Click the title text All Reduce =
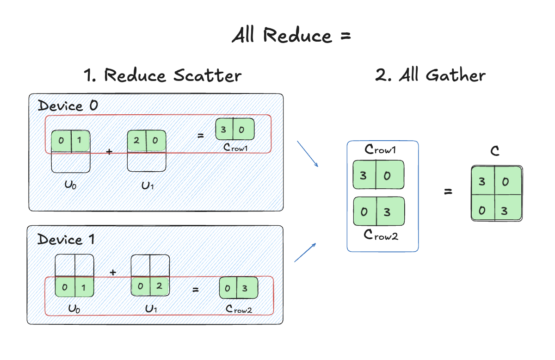click(291, 35)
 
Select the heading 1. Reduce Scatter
click(163, 75)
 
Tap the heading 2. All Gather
click(430, 75)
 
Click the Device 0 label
click(68, 106)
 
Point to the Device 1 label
click(67, 239)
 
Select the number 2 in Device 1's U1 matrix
click(159, 287)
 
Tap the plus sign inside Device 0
click(110, 151)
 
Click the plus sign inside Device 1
click(112, 272)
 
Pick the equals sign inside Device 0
click(201, 136)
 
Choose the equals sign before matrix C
click(448, 192)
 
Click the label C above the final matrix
click(495, 151)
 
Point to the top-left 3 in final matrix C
click(482, 182)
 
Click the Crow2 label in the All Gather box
click(381, 235)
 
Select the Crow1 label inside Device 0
click(236, 148)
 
